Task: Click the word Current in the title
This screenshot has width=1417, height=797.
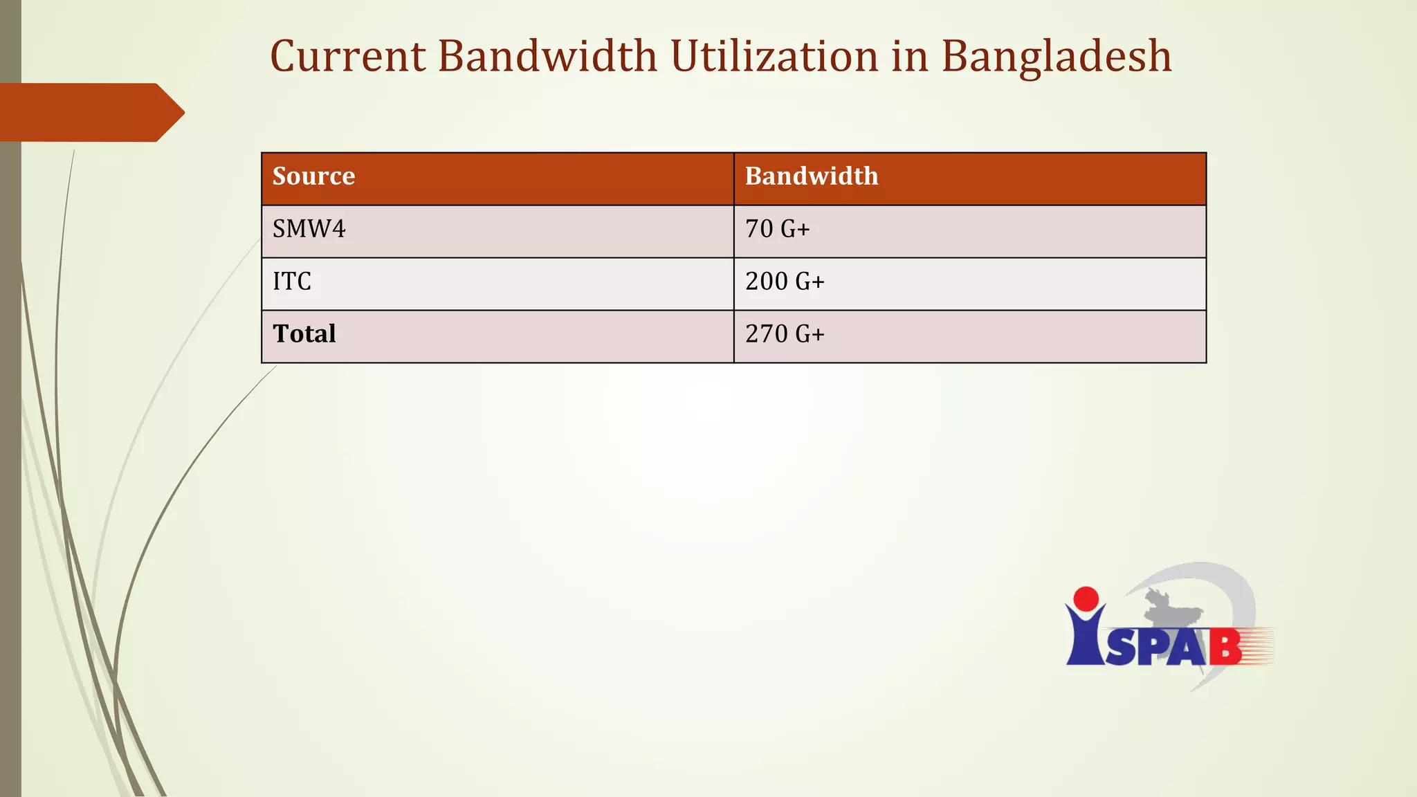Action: [x=347, y=56]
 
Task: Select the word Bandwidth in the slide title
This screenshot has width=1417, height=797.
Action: [x=547, y=56]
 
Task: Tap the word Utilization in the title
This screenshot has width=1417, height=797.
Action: [x=774, y=56]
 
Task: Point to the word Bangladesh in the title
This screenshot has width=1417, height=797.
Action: [x=1056, y=57]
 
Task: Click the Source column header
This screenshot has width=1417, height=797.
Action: [x=313, y=176]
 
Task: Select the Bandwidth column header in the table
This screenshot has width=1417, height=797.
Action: [x=811, y=176]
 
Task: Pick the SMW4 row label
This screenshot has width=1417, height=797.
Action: [x=309, y=229]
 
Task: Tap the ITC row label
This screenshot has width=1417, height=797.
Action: [x=292, y=282]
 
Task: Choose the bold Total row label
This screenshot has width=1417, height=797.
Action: [x=304, y=334]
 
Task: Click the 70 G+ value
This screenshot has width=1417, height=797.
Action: [x=777, y=229]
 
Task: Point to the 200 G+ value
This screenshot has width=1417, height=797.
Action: [x=785, y=282]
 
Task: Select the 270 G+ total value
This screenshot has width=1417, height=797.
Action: [x=785, y=334]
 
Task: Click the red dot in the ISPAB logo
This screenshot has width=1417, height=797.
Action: [x=1086, y=599]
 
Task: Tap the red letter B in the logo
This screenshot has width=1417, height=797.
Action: [x=1225, y=648]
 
